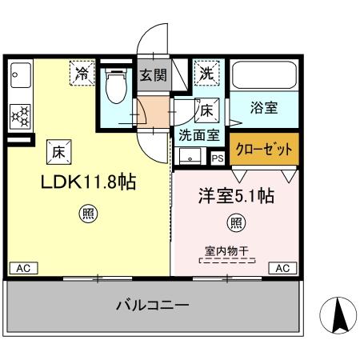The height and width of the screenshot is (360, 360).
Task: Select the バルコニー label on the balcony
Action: coord(151,305)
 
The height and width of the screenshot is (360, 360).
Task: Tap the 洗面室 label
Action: coord(198,135)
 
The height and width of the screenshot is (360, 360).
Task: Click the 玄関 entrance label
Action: coord(154,76)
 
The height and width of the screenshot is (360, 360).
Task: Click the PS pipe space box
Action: coord(218,158)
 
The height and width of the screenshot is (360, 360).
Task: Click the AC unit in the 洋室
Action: coord(282,269)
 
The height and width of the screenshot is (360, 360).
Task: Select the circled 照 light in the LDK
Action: coord(86,214)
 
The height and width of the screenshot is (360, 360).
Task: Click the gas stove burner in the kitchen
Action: coord(19,117)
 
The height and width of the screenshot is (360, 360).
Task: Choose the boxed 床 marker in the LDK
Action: coord(60,149)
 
